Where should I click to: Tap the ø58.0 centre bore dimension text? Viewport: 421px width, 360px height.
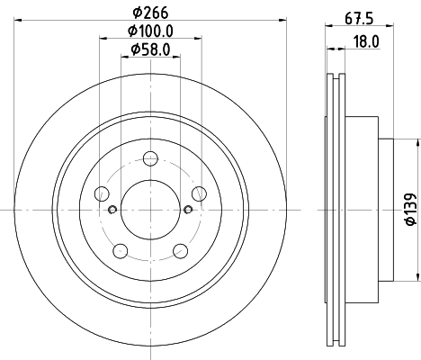(150, 49)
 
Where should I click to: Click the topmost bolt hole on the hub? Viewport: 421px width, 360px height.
(149, 160)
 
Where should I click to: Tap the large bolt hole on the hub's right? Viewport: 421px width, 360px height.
(198, 193)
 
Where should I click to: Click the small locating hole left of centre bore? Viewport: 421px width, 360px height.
(112, 211)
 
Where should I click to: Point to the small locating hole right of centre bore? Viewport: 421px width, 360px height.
(187, 211)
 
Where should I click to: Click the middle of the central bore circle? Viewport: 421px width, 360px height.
(150, 210)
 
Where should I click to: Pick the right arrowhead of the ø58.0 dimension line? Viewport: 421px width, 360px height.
(175, 59)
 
